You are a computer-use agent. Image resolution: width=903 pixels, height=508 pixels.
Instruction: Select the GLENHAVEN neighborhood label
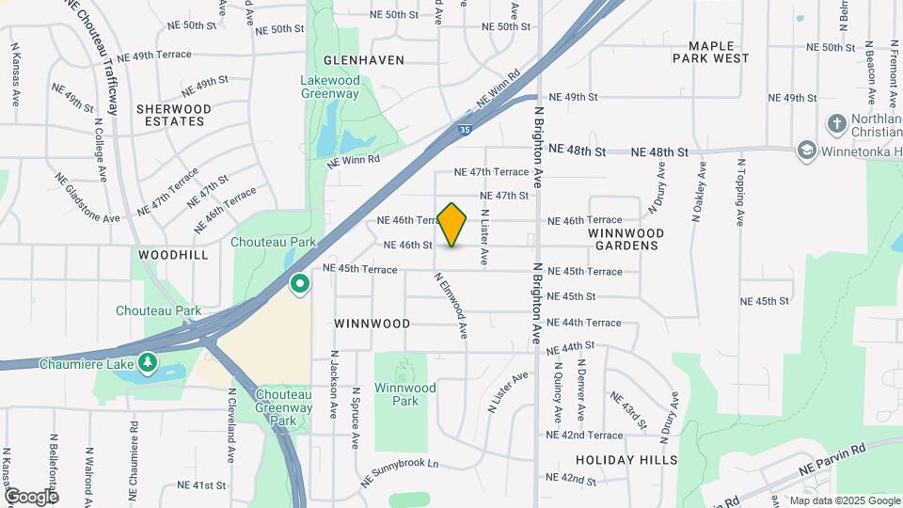tap(365, 60)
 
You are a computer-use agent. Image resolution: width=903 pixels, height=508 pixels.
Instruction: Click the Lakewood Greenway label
tap(330, 87)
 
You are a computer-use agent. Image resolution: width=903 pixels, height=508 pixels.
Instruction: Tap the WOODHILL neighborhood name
tap(173, 255)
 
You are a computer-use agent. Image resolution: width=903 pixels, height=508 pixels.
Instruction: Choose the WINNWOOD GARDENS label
tap(626, 239)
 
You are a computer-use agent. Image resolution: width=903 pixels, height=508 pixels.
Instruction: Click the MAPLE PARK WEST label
tap(710, 52)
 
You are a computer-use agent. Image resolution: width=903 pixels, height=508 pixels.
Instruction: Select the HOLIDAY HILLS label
tap(627, 460)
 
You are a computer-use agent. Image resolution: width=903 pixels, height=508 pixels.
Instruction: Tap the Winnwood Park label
tap(404, 394)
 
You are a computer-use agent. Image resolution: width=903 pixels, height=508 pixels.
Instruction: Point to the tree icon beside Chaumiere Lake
tap(147, 362)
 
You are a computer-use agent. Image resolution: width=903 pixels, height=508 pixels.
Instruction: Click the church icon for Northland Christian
tap(835, 124)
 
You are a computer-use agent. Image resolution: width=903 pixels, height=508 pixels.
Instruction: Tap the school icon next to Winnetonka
tap(805, 151)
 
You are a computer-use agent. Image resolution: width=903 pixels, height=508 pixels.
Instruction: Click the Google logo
tap(30, 496)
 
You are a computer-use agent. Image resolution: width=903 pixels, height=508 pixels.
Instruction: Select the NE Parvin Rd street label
tap(832, 459)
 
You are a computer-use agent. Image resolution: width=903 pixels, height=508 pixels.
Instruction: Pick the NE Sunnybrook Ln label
tap(401, 473)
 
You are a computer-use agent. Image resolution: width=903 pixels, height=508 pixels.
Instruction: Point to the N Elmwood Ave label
tap(451, 305)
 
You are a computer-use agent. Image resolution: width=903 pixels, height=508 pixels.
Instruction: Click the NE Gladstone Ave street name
tap(87, 198)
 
